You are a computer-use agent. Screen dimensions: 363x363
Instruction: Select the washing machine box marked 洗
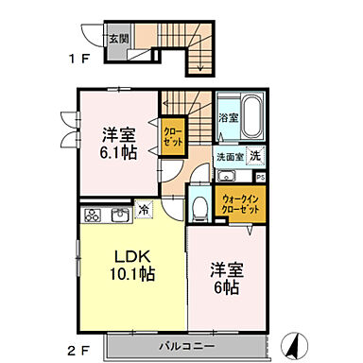(258, 156)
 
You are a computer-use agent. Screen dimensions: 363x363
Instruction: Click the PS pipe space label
(261, 175)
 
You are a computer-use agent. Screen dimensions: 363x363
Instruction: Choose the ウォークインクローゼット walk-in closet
(242, 201)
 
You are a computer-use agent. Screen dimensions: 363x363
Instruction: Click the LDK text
(130, 256)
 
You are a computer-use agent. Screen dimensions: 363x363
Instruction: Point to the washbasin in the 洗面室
(227, 175)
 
